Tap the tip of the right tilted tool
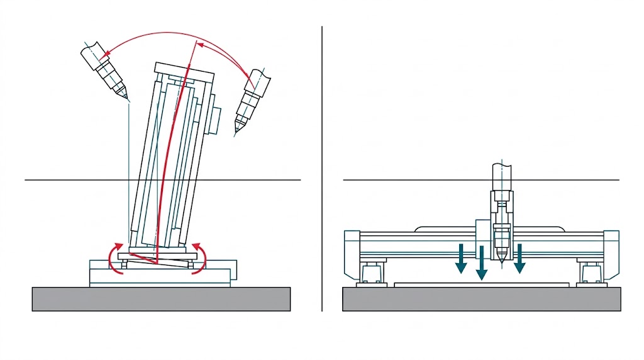pos(237,132)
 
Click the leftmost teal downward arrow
pos(462,258)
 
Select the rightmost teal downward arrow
pos(519,258)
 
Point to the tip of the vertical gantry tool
pos(501,262)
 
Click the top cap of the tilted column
pos(185,70)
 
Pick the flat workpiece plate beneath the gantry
pos(481,284)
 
